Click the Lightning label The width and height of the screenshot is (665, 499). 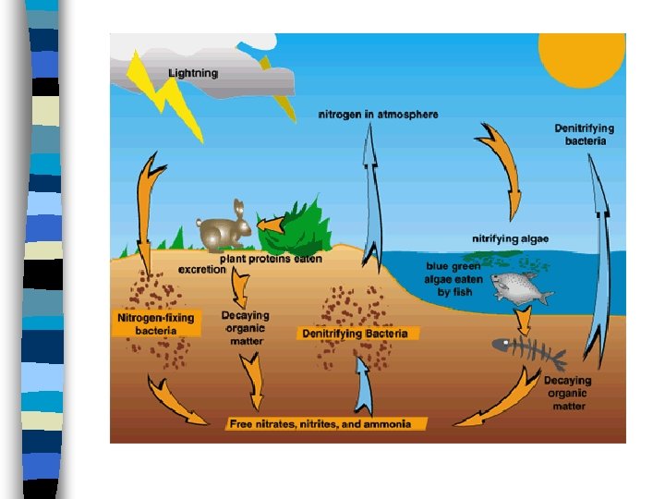(x=193, y=73)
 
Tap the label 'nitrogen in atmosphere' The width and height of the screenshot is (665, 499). (x=378, y=115)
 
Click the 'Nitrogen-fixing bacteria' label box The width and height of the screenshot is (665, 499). (x=156, y=323)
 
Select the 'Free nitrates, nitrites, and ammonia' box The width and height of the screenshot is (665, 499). (x=327, y=424)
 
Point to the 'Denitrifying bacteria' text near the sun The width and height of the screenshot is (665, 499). (x=584, y=135)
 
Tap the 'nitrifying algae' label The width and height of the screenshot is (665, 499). (x=510, y=239)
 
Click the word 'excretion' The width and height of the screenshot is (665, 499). (x=202, y=270)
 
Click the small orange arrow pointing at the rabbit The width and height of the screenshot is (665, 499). (x=270, y=225)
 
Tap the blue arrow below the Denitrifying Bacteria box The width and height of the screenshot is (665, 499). (x=363, y=384)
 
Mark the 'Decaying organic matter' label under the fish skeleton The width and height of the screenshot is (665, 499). (x=567, y=393)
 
